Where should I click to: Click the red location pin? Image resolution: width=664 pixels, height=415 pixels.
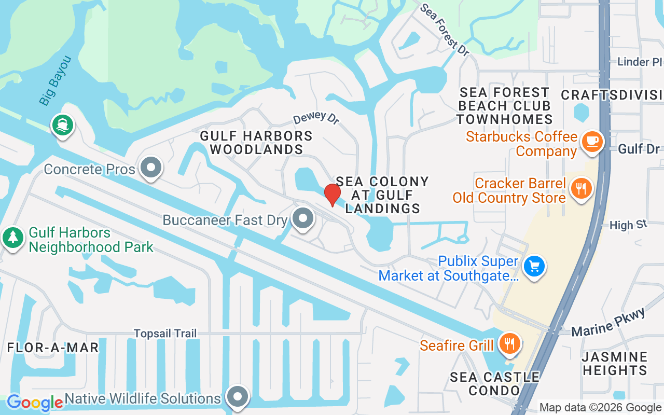(333, 195)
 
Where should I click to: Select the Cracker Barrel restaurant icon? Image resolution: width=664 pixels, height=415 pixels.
(580, 188)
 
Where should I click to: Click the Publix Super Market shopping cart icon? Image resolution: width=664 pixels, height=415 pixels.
(534, 267)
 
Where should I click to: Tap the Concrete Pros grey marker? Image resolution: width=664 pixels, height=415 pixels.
(151, 168)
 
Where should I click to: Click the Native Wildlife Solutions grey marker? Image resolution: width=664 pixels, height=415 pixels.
(238, 397)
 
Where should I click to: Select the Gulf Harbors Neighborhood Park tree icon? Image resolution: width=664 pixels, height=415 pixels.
(12, 238)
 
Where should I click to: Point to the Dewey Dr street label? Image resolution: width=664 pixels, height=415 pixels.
(315, 117)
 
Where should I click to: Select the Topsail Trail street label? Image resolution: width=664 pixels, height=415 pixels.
(165, 333)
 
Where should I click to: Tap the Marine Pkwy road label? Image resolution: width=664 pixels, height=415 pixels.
(609, 322)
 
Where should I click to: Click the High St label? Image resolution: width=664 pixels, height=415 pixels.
(628, 225)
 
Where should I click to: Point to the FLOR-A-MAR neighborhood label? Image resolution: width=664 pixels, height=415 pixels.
(53, 347)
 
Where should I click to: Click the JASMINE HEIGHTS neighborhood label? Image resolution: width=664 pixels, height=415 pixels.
(615, 364)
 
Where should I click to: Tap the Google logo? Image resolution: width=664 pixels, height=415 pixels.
(34, 403)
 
